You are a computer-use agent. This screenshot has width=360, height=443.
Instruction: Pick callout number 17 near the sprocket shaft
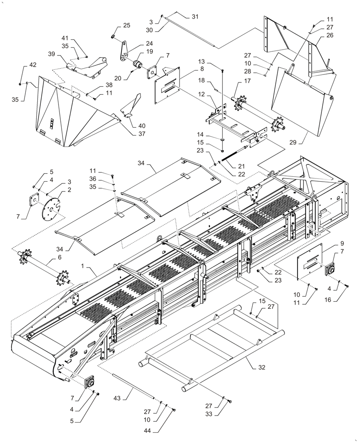pyautogui.click(x=247, y=81)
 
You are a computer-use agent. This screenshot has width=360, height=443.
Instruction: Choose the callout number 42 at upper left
pyautogui.click(x=33, y=65)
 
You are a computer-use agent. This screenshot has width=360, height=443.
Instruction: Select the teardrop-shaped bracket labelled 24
pyautogui.click(x=123, y=52)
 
